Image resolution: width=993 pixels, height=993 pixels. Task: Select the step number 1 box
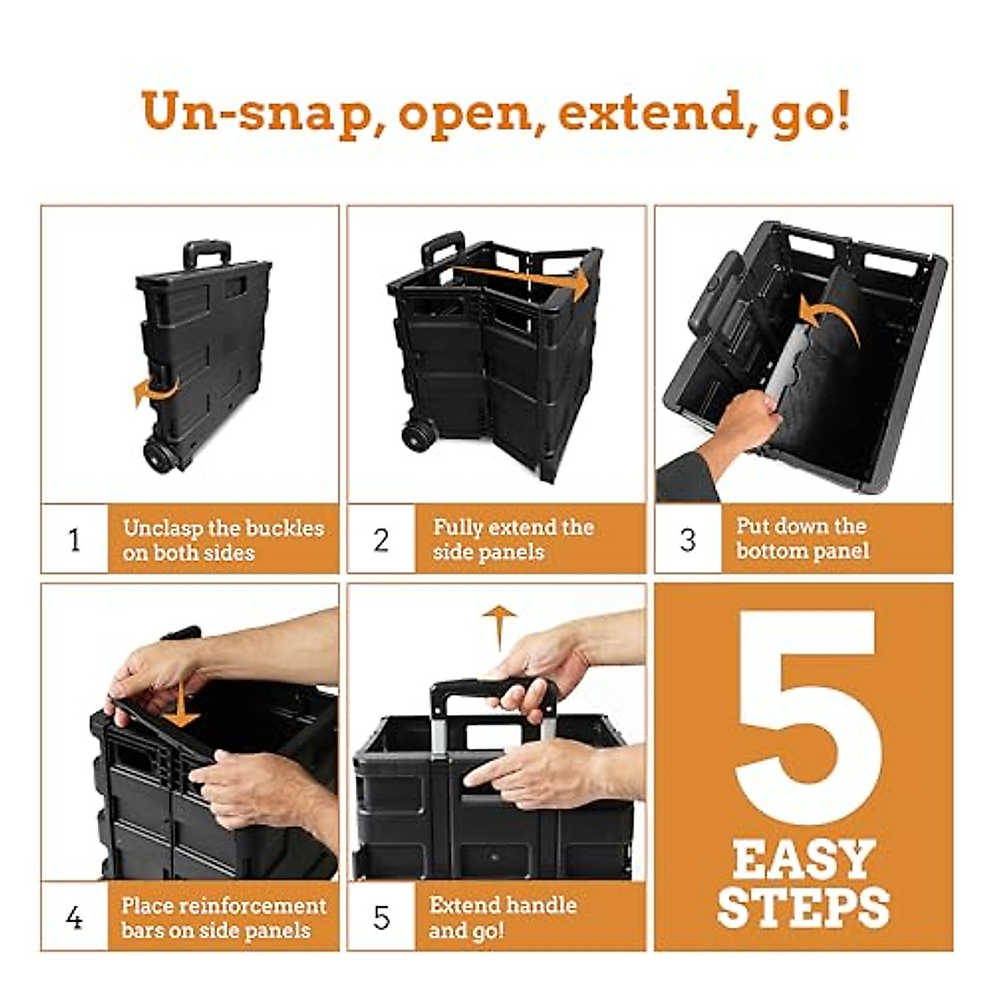pyautogui.click(x=74, y=540)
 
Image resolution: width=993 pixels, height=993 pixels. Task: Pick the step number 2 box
pyautogui.click(x=381, y=540)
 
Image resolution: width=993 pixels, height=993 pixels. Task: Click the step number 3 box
pyautogui.click(x=688, y=540)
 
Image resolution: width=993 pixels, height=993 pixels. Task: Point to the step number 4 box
pyautogui.click(x=74, y=918)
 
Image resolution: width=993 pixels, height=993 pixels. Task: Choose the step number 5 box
pyautogui.click(x=381, y=918)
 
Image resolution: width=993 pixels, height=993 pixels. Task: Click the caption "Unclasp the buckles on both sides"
pyautogui.click(x=223, y=540)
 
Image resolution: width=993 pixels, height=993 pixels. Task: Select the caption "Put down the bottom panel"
pyautogui.click(x=802, y=539)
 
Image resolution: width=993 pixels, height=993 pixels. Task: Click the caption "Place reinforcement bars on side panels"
pyautogui.click(x=223, y=918)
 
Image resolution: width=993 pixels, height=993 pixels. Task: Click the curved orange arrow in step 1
pyautogui.click(x=153, y=391)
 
